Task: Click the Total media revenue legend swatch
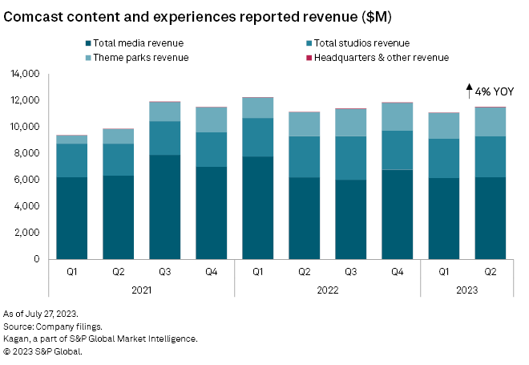click(x=87, y=43)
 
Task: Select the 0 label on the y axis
click(x=36, y=259)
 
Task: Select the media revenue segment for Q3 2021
click(x=164, y=207)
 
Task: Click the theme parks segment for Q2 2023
click(x=490, y=121)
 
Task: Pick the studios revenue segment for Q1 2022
click(x=257, y=137)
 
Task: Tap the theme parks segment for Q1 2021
click(x=71, y=140)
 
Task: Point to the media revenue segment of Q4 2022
click(x=397, y=214)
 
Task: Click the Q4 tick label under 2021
click(x=211, y=272)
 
